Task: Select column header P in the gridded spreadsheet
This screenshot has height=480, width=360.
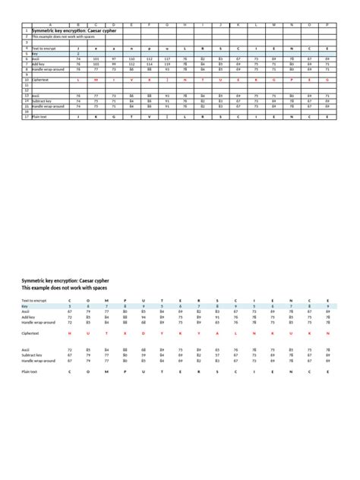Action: coord(327,24)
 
